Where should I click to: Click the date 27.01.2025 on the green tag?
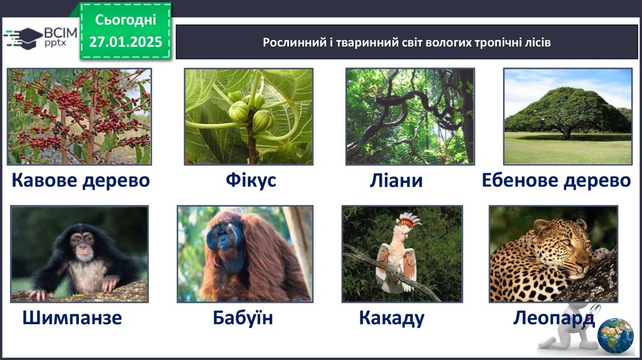coord(125,42)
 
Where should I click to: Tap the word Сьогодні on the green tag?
coord(125,19)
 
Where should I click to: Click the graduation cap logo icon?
coord(23,38)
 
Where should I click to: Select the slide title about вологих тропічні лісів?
coord(406,43)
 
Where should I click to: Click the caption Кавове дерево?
coord(81,180)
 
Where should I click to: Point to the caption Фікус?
coord(251,180)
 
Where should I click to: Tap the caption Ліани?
coord(396,180)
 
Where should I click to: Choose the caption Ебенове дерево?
coord(556,180)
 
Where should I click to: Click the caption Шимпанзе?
coord(72,317)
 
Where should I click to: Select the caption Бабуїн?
coord(243,317)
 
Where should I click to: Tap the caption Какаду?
coord(392,318)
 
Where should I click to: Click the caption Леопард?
coord(554,318)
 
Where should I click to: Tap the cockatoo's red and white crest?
coord(408,221)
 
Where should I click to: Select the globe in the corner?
coord(616,336)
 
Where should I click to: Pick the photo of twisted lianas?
coord(410,117)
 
